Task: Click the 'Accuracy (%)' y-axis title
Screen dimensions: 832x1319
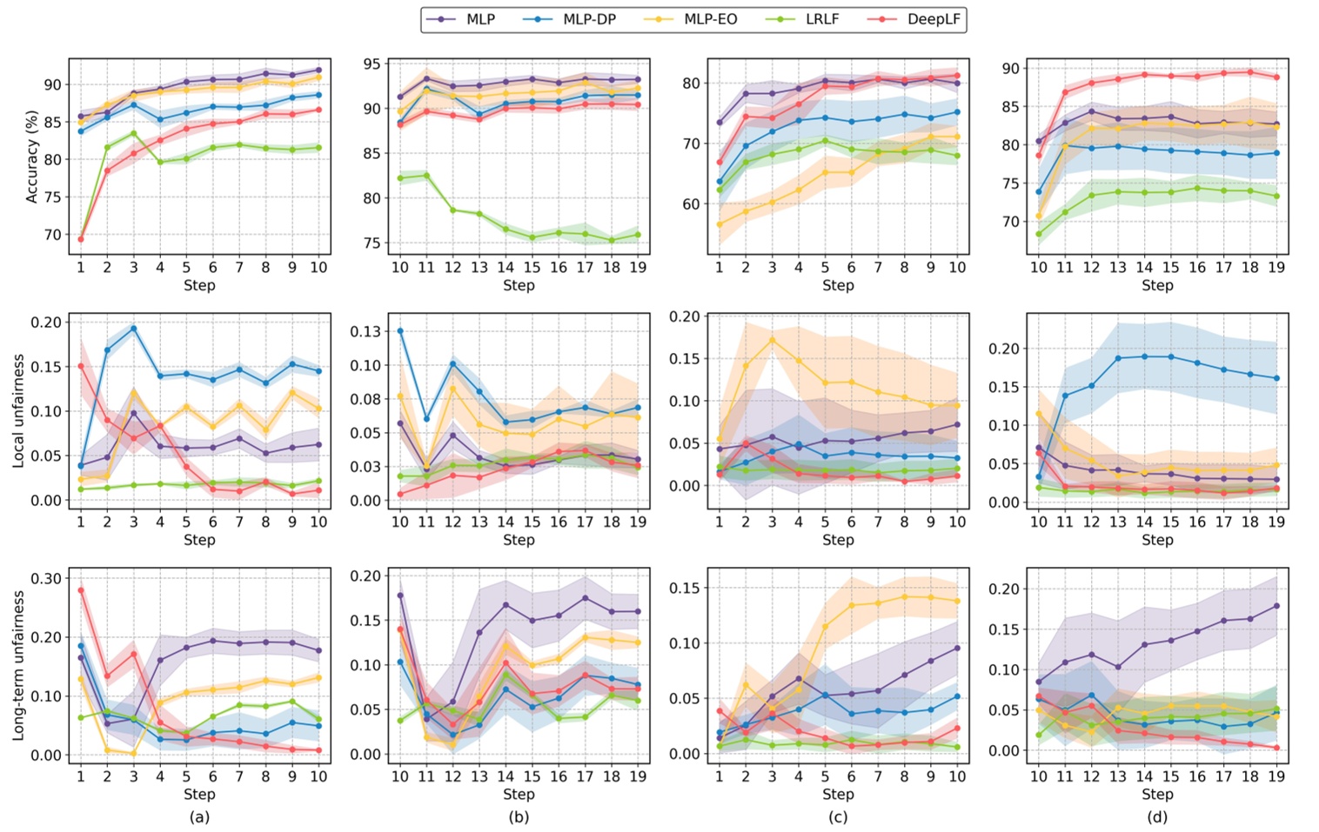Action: click(x=32, y=156)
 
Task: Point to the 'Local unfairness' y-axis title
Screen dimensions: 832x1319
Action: click(x=18, y=410)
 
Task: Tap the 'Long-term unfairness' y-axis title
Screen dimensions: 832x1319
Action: click(x=18, y=665)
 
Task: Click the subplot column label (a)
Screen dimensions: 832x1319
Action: click(x=199, y=817)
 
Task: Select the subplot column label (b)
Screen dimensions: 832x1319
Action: click(x=519, y=817)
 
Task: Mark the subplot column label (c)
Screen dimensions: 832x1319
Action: click(x=838, y=817)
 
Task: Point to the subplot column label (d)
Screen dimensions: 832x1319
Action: click(x=1157, y=817)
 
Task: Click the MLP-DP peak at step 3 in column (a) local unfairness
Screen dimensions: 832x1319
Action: click(x=133, y=329)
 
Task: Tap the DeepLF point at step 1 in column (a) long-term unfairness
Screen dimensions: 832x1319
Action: click(x=81, y=590)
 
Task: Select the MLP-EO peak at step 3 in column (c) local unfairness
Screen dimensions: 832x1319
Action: click(x=772, y=339)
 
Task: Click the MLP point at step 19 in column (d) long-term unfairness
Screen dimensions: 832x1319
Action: click(x=1275, y=606)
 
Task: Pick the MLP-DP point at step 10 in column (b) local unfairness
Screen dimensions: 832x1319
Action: click(x=400, y=331)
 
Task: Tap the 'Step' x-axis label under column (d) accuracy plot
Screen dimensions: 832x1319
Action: click(x=1157, y=285)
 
